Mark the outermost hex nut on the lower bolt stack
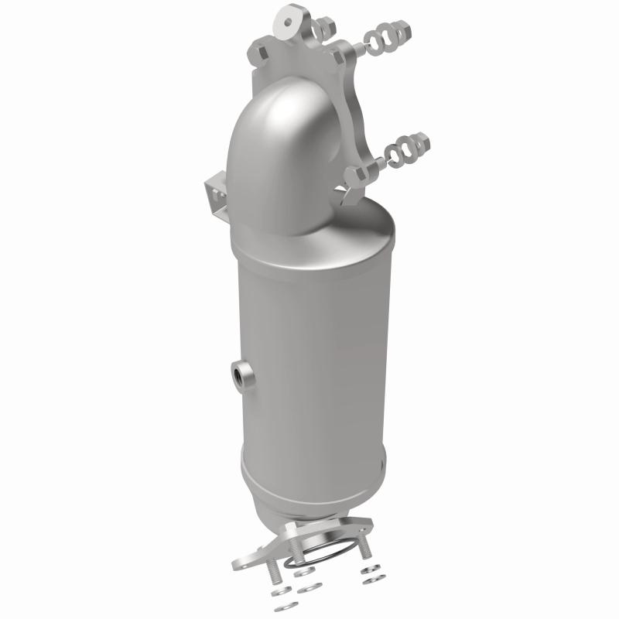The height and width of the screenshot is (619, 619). (421, 142)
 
